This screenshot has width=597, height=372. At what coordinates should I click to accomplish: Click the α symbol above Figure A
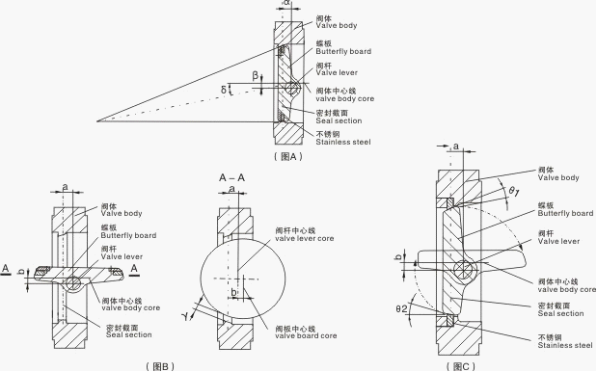pos(286,2)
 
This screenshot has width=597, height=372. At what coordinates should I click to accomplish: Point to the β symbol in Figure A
pos(256,76)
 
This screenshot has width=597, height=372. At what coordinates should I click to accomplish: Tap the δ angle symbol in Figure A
pos(224,90)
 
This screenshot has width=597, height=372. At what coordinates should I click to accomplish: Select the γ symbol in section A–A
pos(186,315)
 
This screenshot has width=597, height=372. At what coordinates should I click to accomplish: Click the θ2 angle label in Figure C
pos(401,308)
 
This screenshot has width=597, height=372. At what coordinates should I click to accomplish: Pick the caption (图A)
pos(287,156)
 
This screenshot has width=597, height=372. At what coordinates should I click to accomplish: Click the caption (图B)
pos(160,366)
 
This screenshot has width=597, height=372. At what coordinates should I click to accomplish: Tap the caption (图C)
pos(461,366)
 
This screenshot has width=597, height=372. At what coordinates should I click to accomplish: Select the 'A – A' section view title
pos(231,177)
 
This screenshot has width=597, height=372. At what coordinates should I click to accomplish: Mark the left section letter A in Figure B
pos(6,269)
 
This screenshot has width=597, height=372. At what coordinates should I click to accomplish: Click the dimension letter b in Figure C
pos(399,257)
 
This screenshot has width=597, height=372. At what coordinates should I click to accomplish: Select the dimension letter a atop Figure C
pos(455,146)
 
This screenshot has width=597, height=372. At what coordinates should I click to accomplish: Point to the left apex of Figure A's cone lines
pos(97,121)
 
